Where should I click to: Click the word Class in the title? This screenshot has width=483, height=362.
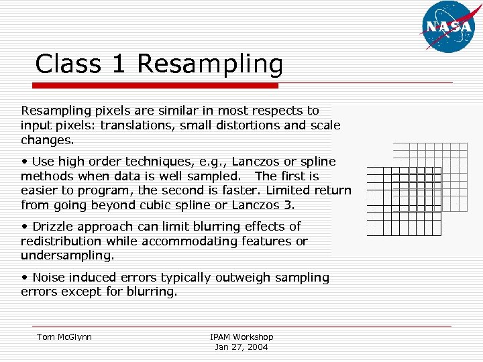point(67,64)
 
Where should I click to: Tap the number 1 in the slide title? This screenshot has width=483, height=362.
point(119,64)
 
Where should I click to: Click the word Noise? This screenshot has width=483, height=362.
point(50,278)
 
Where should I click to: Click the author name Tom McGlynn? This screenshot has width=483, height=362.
point(64,337)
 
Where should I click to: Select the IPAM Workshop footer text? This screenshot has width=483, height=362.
point(241,337)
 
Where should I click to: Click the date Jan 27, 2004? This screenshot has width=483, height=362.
point(241,347)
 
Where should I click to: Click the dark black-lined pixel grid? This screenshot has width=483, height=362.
point(394,201)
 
